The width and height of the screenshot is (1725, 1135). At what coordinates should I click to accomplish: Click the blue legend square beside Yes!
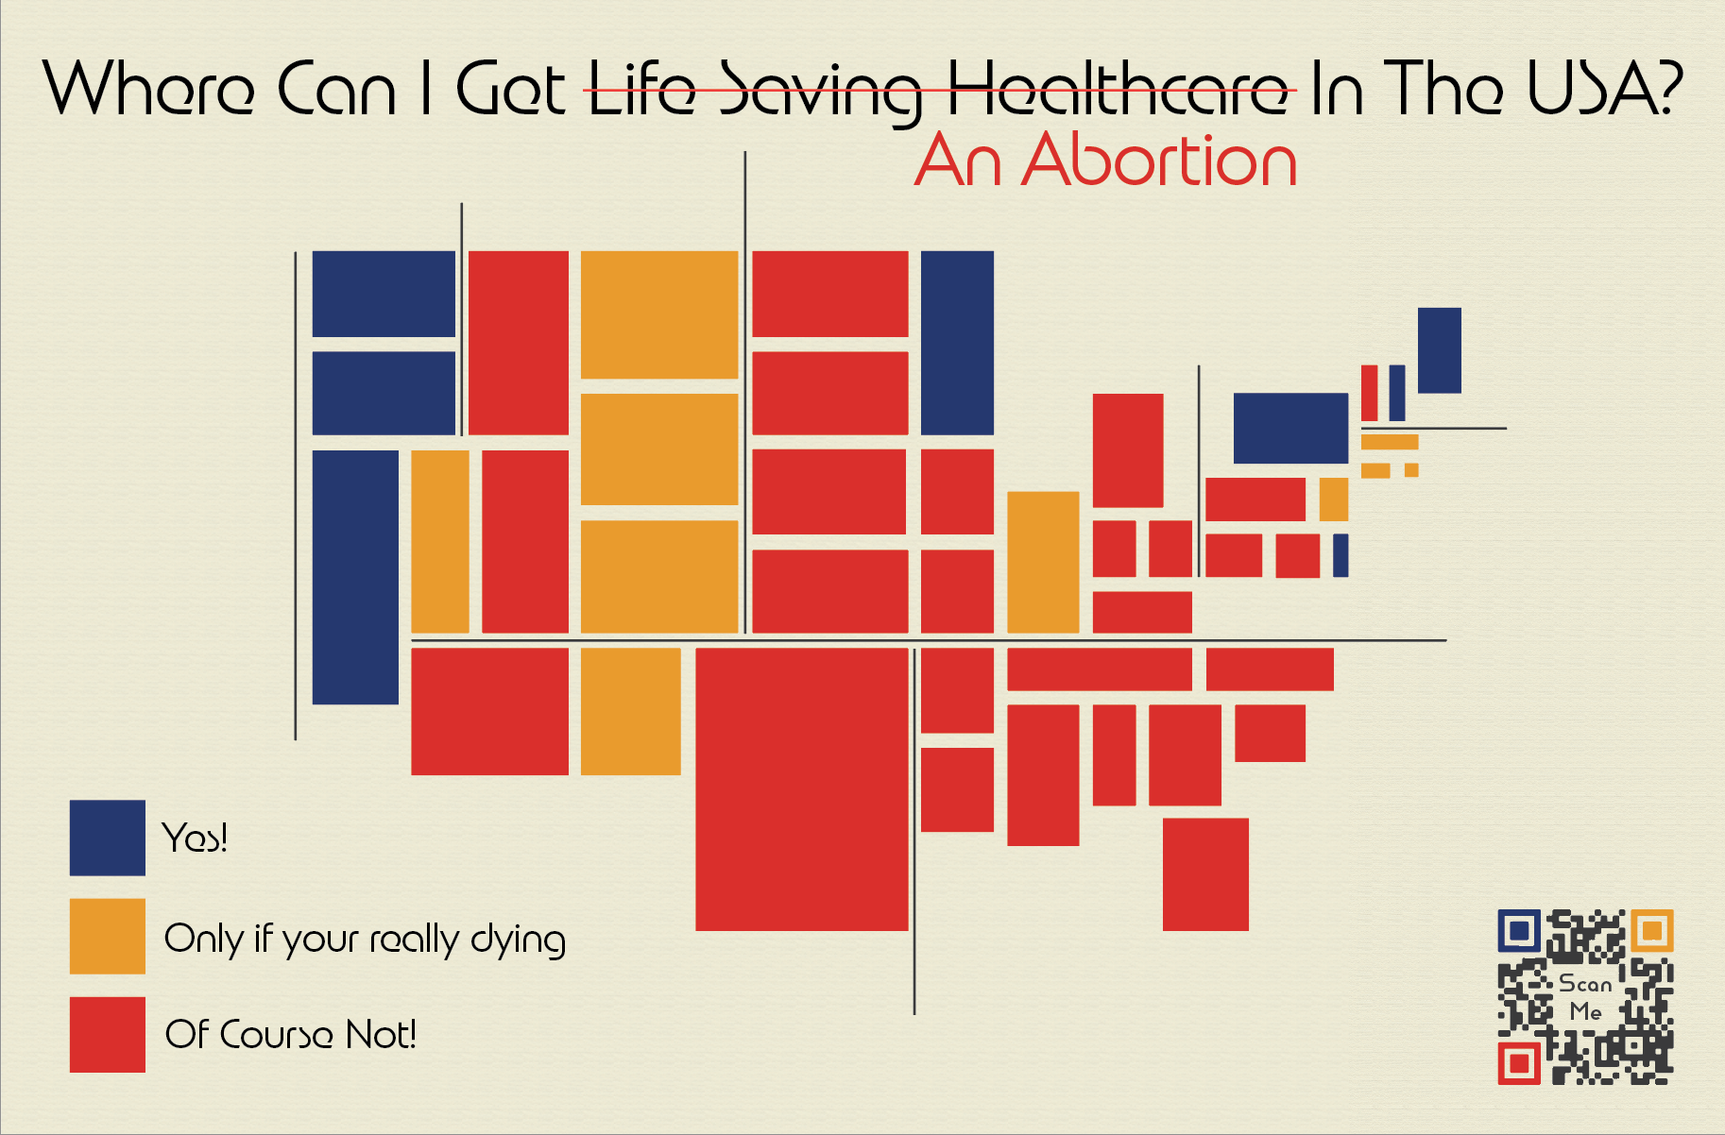pyautogui.click(x=107, y=838)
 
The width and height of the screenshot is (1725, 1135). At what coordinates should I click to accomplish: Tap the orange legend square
pyautogui.click(x=107, y=936)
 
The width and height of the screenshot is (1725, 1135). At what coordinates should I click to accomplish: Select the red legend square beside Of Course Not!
pyautogui.click(x=107, y=1034)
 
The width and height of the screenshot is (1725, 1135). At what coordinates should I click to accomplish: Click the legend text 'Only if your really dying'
pyautogui.click(x=365, y=939)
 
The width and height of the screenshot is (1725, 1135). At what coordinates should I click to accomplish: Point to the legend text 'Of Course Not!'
pyautogui.click(x=291, y=1034)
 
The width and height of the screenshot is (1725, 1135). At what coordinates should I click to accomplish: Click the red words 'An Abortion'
pyautogui.click(x=1105, y=161)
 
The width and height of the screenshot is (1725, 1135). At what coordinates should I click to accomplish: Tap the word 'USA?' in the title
pyautogui.click(x=1605, y=87)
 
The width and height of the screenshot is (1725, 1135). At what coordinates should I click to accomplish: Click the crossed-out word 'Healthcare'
pyautogui.click(x=1119, y=90)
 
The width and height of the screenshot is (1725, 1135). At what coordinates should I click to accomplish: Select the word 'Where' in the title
pyautogui.click(x=148, y=88)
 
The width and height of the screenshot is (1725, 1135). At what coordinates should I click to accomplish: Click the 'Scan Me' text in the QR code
pyautogui.click(x=1585, y=997)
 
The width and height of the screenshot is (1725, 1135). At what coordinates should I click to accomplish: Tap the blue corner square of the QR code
pyautogui.click(x=1519, y=931)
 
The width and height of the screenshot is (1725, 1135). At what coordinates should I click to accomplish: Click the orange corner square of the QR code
pyautogui.click(x=1651, y=931)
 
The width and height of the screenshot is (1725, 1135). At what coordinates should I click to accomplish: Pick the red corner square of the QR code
pyautogui.click(x=1519, y=1063)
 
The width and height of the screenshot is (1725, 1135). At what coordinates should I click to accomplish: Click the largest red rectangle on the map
pyautogui.click(x=801, y=788)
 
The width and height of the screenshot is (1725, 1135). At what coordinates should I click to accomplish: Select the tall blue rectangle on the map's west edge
pyautogui.click(x=355, y=577)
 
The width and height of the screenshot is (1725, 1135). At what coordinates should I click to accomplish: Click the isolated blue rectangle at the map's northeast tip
pyautogui.click(x=1439, y=350)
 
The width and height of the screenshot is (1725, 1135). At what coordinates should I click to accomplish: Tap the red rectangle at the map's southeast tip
pyautogui.click(x=1205, y=874)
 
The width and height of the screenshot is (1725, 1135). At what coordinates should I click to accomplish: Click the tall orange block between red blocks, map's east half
pyautogui.click(x=1043, y=562)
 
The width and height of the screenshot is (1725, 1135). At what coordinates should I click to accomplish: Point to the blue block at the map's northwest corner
pyautogui.click(x=384, y=294)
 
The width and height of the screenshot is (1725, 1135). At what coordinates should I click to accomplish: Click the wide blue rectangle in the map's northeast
pyautogui.click(x=1290, y=428)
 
